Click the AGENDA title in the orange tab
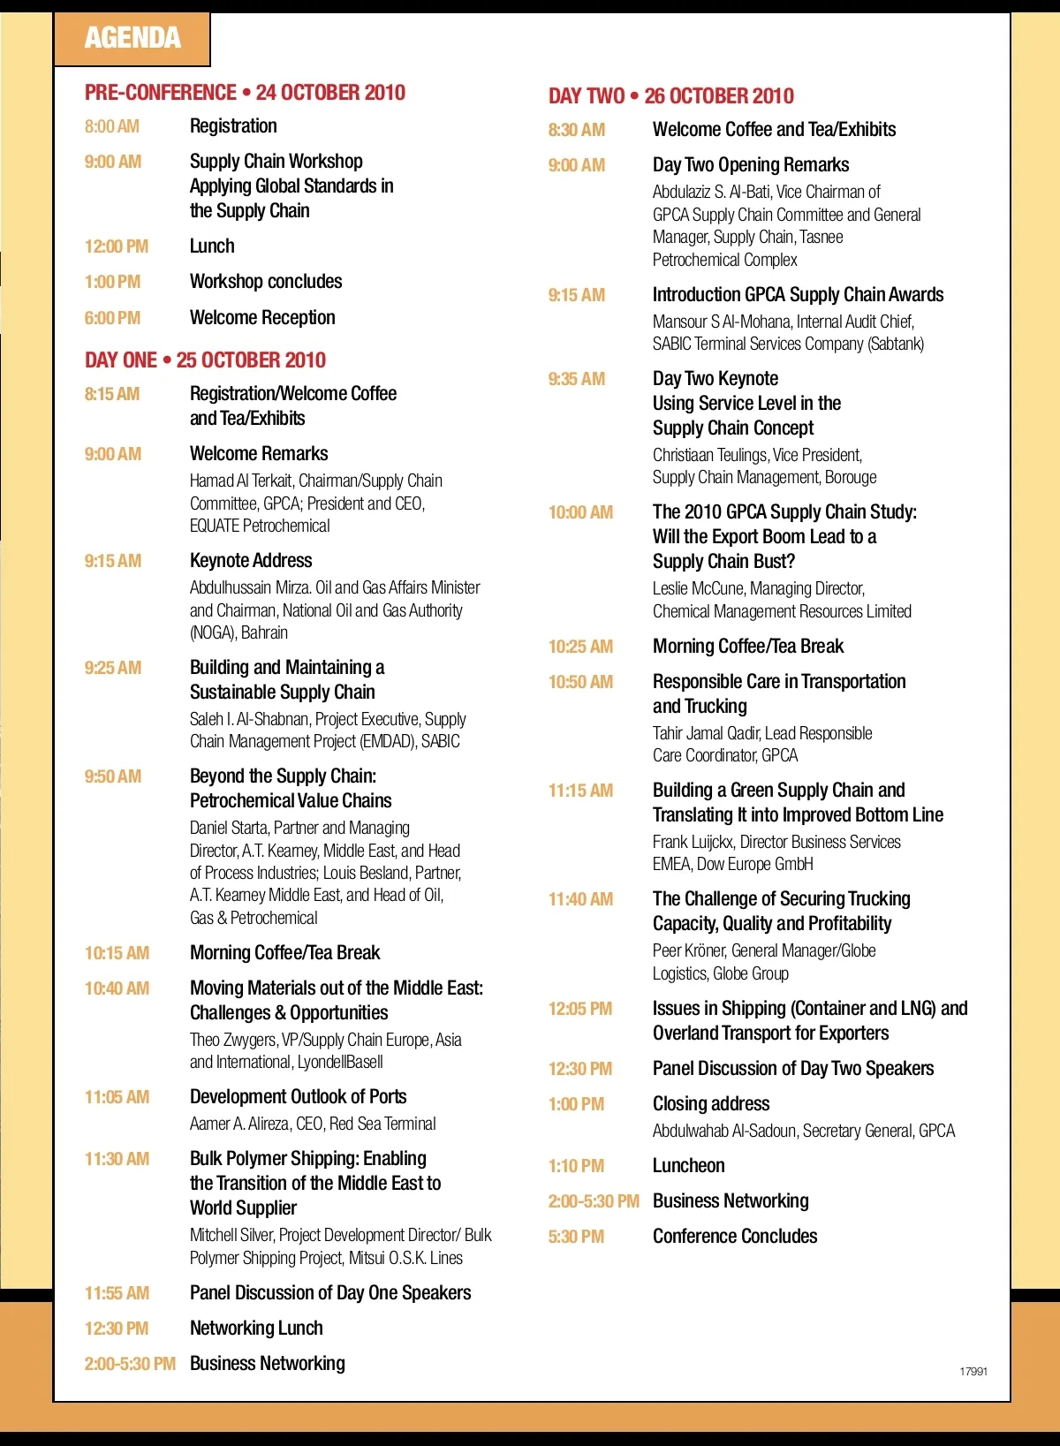[132, 38]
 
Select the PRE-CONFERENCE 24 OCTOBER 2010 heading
[245, 93]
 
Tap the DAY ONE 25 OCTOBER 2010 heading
[205, 360]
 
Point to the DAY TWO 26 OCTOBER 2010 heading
[670, 96]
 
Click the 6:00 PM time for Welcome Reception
[112, 318]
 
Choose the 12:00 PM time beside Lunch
[116, 246]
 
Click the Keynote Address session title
[251, 561]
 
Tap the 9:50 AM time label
[112, 776]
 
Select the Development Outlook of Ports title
[298, 1097]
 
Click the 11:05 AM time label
[117, 1097]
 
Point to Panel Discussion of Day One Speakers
[330, 1293]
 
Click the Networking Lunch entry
[256, 1329]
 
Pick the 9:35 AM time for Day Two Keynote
[576, 379]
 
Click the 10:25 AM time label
[580, 647]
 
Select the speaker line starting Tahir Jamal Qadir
[761, 733]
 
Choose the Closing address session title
[711, 1104]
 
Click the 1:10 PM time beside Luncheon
[576, 1166]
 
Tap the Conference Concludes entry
[735, 1237]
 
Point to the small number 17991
[973, 1372]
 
